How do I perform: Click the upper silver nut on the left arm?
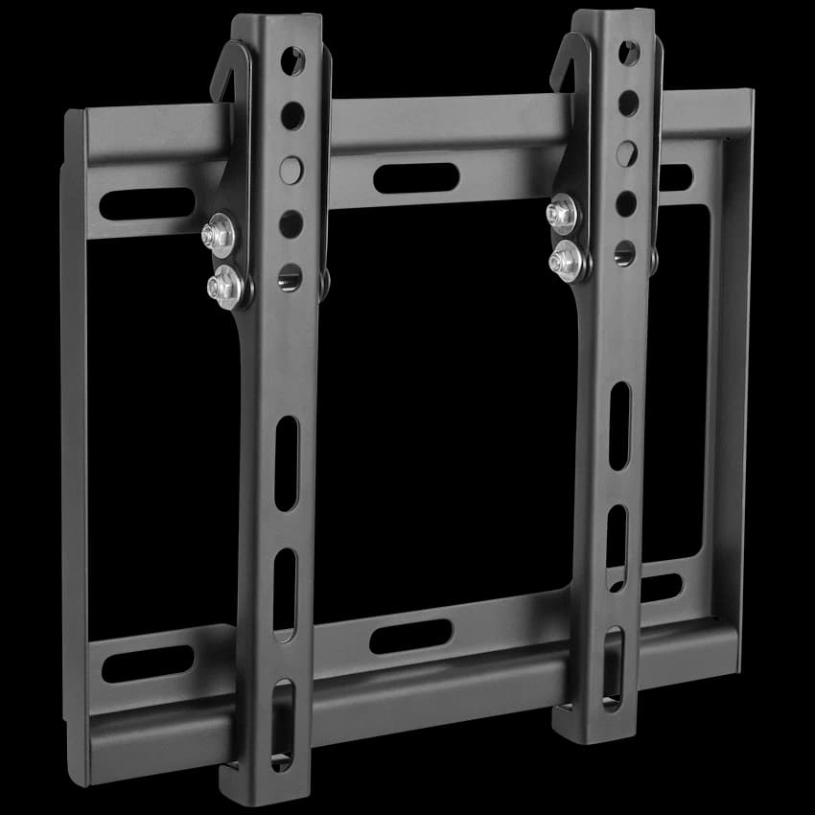point(219,236)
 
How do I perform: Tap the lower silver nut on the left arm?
point(227,285)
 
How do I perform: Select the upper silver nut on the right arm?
point(562,214)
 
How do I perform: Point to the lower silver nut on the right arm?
point(567,260)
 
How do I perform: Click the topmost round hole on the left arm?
point(292,62)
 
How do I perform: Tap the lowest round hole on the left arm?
point(291,278)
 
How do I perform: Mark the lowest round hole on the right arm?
point(625,253)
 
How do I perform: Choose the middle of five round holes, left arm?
point(291,171)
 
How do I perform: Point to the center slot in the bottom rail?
point(410,636)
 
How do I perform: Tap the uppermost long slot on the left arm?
point(287,464)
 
